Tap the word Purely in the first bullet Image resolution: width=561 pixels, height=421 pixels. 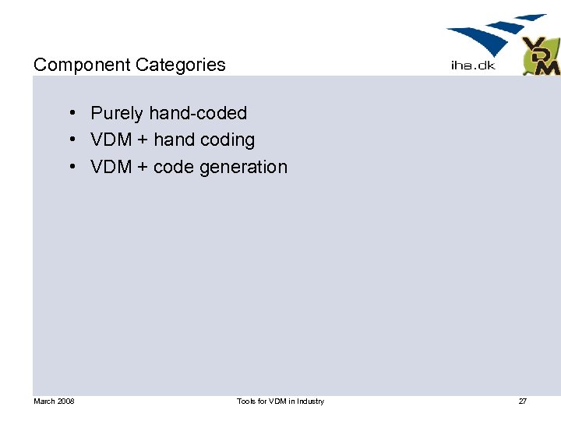(117, 114)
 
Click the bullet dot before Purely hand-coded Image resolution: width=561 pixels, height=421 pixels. (71, 114)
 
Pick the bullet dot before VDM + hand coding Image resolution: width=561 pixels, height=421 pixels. (71, 140)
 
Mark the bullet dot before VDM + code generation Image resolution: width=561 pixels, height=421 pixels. (71, 167)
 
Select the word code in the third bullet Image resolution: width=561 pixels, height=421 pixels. (172, 167)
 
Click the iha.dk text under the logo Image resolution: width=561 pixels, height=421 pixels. (473, 65)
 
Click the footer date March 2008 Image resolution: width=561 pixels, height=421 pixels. (54, 402)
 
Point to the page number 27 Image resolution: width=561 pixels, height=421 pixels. (523, 402)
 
